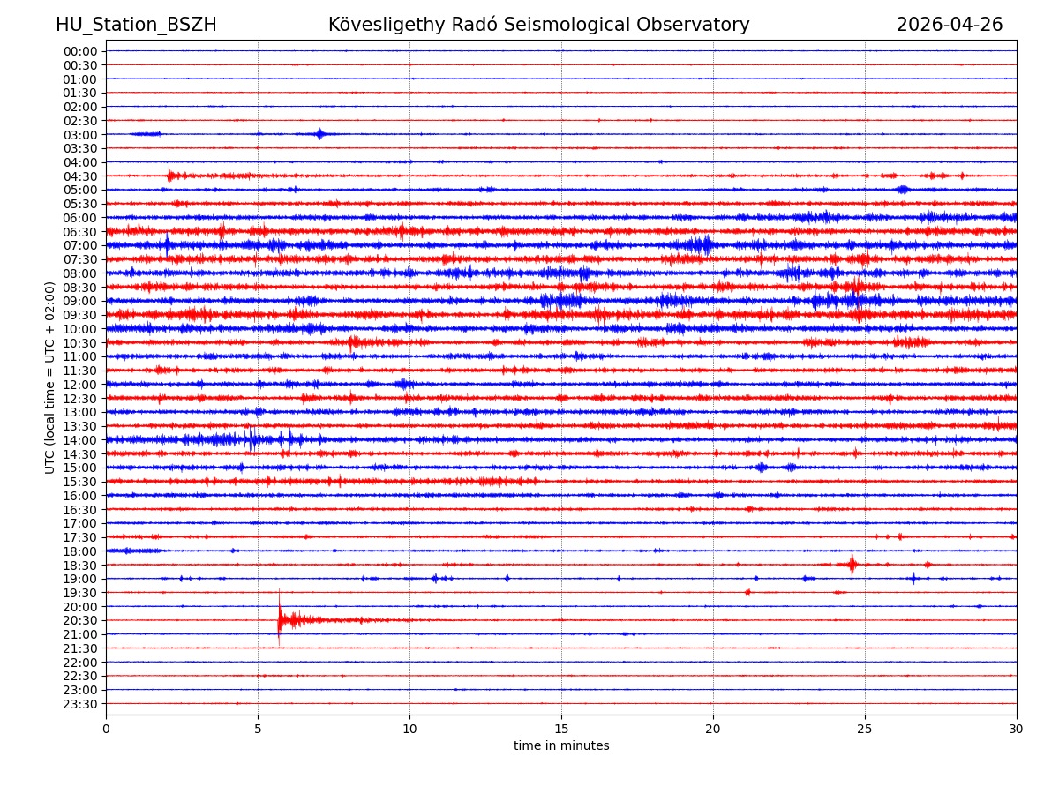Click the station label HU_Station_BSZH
[136, 25]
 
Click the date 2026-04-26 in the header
[950, 25]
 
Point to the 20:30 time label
[80, 620]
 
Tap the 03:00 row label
[80, 134]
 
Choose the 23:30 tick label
[80, 704]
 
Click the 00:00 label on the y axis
[80, 51]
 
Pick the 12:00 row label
[80, 385]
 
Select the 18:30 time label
[80, 565]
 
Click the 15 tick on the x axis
[561, 730]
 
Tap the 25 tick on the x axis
[865, 730]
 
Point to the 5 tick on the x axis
[258, 730]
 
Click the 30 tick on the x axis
[1017, 730]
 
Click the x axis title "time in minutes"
[561, 746]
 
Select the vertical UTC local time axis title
[50, 378]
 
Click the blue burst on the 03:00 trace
[320, 134]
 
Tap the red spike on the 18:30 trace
[852, 564]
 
